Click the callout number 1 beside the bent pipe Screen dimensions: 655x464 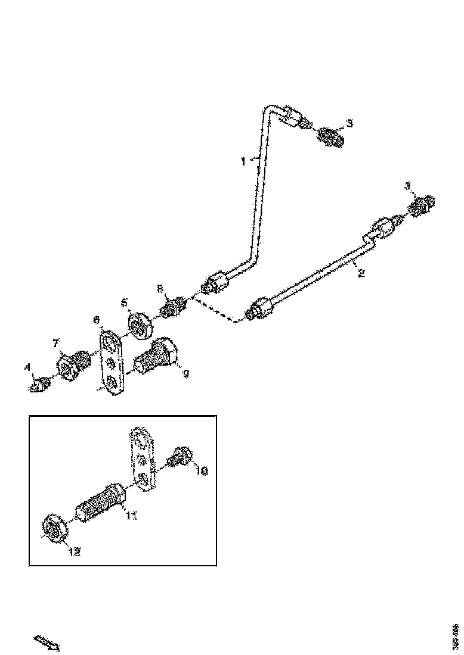(243, 161)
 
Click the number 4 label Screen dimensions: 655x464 (27, 369)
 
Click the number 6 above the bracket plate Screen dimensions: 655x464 (97, 320)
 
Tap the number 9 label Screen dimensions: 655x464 (185, 374)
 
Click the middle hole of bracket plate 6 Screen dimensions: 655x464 (110, 361)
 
